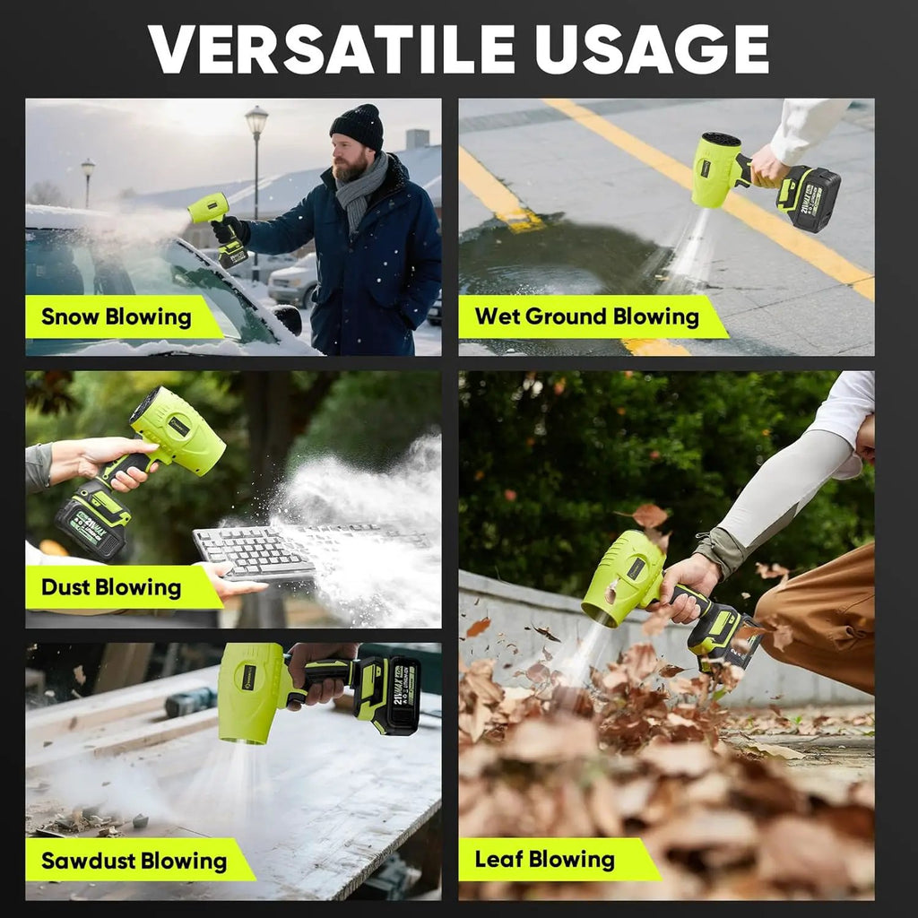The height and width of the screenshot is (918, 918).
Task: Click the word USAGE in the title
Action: coord(653,49)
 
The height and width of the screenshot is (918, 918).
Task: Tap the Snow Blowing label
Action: coord(117,316)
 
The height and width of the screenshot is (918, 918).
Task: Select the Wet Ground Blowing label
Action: coord(587,316)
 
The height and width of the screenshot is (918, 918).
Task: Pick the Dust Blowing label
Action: coord(111,587)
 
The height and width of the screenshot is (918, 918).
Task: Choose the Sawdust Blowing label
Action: coord(134,861)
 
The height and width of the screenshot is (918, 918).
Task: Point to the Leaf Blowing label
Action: coord(545,860)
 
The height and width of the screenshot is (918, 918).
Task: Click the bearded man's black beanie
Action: coord(357,126)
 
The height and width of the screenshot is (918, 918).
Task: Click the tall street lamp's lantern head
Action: coord(256,119)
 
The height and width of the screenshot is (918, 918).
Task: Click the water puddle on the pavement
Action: coord(562,257)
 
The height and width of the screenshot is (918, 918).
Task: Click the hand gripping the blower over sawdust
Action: coord(319,673)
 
